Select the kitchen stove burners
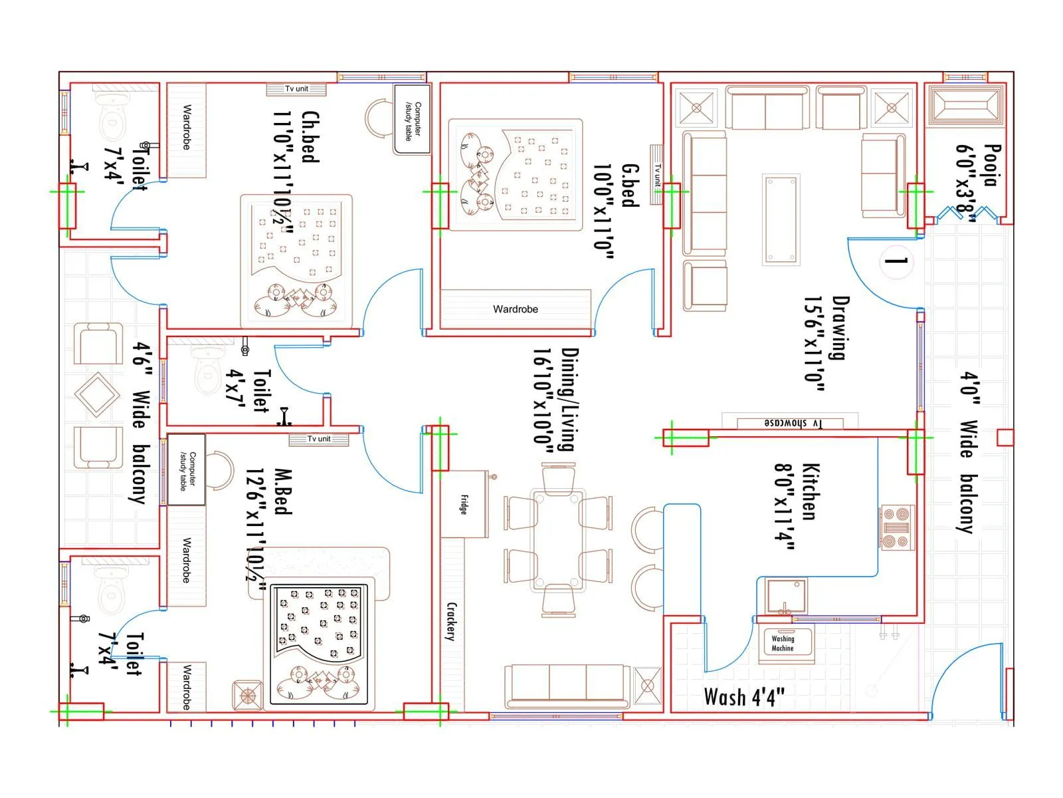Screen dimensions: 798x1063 point(898,528)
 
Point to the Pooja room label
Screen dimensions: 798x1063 point(991,166)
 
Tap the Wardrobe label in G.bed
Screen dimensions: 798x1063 point(515,309)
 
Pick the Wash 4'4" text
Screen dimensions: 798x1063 point(743,698)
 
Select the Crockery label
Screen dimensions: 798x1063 point(452,621)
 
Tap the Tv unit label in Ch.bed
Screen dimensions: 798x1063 point(296,88)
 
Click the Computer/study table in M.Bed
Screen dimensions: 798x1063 point(186,469)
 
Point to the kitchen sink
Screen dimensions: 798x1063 point(786,596)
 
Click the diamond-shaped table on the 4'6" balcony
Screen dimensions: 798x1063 point(98,395)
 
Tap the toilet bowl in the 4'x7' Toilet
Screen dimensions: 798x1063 point(208,373)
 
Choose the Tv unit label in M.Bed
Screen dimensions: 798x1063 point(318,439)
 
